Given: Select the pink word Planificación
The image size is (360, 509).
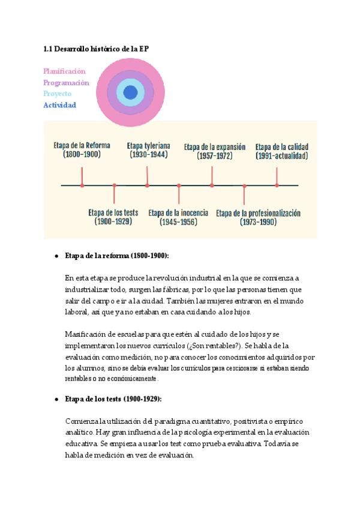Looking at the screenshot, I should (x=64, y=71).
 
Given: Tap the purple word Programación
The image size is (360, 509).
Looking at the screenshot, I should (x=66, y=83).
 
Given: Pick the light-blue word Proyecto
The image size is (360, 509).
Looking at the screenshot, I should (x=57, y=94).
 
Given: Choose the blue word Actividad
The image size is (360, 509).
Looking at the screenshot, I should (x=59, y=105).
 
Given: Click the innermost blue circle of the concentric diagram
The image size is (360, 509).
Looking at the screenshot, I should (x=130, y=92).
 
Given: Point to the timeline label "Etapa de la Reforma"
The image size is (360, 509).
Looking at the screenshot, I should (x=82, y=146).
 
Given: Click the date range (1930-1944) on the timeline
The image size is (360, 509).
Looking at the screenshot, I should (x=148, y=155).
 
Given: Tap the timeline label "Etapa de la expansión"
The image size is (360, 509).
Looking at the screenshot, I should (x=214, y=146).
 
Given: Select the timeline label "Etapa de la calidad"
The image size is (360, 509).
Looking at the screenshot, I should (x=281, y=146).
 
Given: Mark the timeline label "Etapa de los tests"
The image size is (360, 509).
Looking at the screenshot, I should (x=113, y=212).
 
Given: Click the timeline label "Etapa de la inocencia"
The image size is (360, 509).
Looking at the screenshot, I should (x=178, y=212).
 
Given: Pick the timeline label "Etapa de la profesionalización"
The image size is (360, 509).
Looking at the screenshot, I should (x=258, y=213).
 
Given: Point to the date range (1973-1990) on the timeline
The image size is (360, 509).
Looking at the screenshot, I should (x=258, y=222).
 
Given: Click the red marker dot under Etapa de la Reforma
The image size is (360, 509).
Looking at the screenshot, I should (x=82, y=185).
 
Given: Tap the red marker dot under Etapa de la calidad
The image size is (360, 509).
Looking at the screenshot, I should (x=277, y=185).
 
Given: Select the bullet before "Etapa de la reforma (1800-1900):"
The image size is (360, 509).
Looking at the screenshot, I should (x=56, y=256).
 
